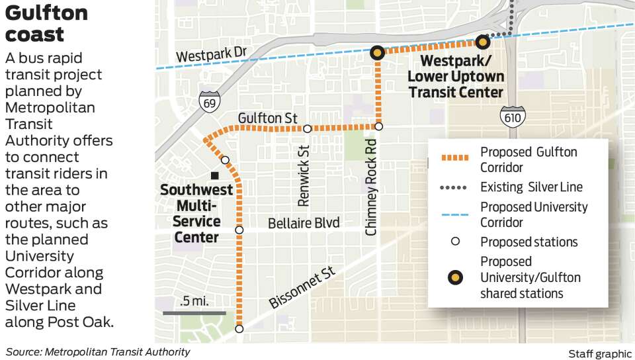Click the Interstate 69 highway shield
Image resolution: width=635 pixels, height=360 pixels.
[208, 101]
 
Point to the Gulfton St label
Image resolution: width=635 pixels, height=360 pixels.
[268, 117]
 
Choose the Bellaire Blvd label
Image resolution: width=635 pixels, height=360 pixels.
[304, 223]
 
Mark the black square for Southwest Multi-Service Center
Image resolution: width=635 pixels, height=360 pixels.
[214, 175]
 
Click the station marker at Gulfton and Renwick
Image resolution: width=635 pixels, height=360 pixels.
[307, 128]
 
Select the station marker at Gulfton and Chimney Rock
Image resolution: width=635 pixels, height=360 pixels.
[379, 126]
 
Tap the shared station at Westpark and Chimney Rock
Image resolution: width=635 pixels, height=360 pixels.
[377, 52]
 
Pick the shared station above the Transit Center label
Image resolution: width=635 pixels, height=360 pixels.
[483, 42]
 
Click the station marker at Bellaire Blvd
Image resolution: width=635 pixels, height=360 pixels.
[239, 230]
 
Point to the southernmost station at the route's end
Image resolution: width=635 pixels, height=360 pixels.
[239, 328]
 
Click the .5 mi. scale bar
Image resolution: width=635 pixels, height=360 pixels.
[194, 312]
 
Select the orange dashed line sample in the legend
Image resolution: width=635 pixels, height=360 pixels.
[454, 158]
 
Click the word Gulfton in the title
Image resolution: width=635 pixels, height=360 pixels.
[46, 13]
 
